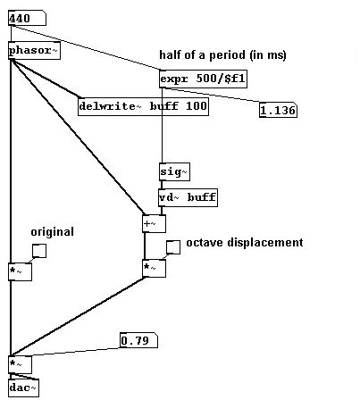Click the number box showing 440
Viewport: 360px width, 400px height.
click(x=27, y=18)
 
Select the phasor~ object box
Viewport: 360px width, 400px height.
click(x=34, y=51)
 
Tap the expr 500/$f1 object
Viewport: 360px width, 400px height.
click(x=203, y=79)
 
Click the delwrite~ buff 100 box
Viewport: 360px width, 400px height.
click(x=143, y=106)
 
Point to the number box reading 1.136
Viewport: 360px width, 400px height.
click(x=278, y=111)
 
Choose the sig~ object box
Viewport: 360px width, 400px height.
click(x=174, y=171)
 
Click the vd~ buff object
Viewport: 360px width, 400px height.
click(x=188, y=197)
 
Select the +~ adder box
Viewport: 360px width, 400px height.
click(x=154, y=223)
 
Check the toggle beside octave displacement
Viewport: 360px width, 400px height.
click(x=173, y=247)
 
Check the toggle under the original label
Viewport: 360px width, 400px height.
click(x=39, y=251)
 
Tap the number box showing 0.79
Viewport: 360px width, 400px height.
click(x=138, y=340)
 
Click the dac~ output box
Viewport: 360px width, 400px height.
click(x=23, y=387)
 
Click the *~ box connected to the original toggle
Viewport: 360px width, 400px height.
click(x=20, y=271)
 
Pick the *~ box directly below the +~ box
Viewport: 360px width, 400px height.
click(x=154, y=269)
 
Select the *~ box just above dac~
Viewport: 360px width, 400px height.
click(x=20, y=364)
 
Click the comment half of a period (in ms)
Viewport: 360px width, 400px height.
click(x=222, y=55)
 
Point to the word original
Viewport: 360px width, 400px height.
click(x=53, y=232)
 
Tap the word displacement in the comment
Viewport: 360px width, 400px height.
click(x=265, y=243)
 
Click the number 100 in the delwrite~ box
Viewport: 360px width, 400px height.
click(x=197, y=106)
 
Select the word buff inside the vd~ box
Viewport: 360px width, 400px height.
click(x=202, y=197)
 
